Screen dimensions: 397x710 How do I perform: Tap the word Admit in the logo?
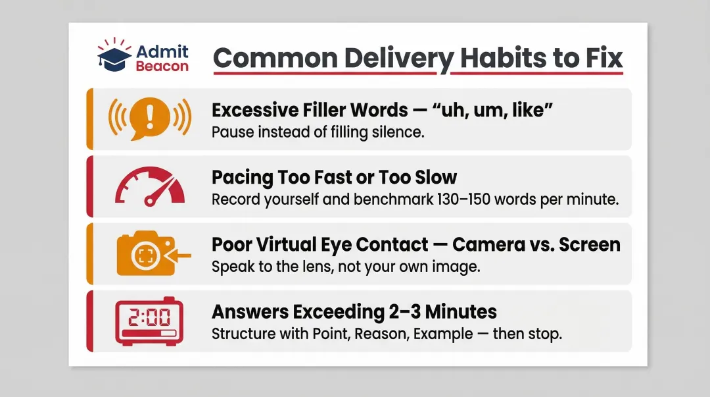tap(162, 51)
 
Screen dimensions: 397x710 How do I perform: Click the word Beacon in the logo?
tap(162, 66)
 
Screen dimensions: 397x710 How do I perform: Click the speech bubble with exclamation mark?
tap(149, 119)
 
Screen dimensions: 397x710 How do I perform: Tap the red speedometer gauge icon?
tap(149, 187)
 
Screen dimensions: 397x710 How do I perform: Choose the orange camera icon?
tap(145, 254)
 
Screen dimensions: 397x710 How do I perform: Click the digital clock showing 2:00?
tap(149, 321)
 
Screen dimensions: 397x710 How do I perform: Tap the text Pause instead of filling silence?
tap(318, 132)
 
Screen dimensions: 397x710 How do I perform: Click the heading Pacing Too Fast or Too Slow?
tap(334, 177)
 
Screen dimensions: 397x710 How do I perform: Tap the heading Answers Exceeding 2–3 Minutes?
tap(354, 311)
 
